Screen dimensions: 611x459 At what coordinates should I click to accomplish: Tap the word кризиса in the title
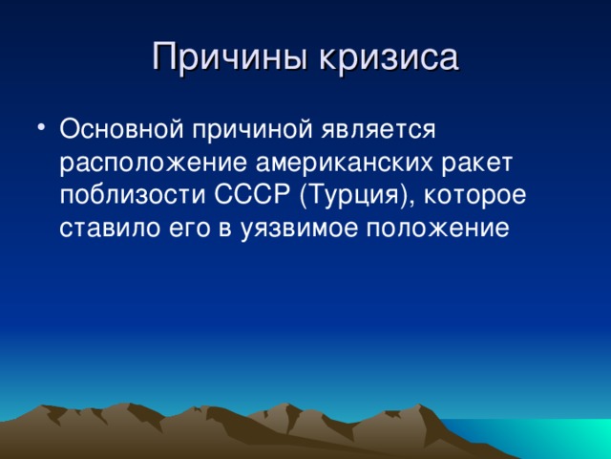pos(389,57)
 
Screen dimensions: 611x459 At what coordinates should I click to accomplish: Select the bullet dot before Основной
pos(41,127)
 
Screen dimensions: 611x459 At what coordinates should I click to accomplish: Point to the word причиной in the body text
pos(252,131)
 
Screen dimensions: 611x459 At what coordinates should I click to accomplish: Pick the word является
pos(378,129)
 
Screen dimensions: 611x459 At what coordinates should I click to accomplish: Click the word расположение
pos(153,164)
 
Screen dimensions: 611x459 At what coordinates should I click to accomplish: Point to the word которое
pos(474,197)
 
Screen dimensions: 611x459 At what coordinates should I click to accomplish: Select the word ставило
pos(110,229)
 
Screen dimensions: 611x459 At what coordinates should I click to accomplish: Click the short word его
pos(189,230)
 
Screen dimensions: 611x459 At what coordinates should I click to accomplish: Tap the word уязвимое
pos(298,230)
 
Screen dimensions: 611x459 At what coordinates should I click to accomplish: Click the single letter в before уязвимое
pos(224,229)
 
